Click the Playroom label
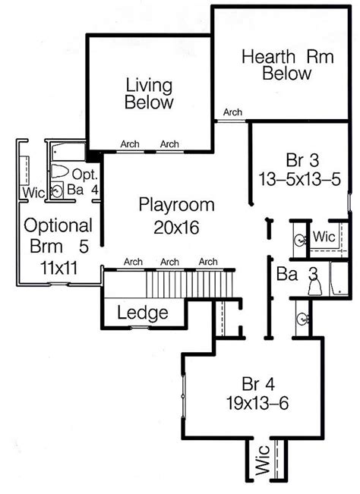tap(176, 205)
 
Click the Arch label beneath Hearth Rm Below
tap(232, 112)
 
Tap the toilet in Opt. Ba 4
tap(62, 170)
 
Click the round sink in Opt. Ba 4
tap(56, 191)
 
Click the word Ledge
tap(142, 313)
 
